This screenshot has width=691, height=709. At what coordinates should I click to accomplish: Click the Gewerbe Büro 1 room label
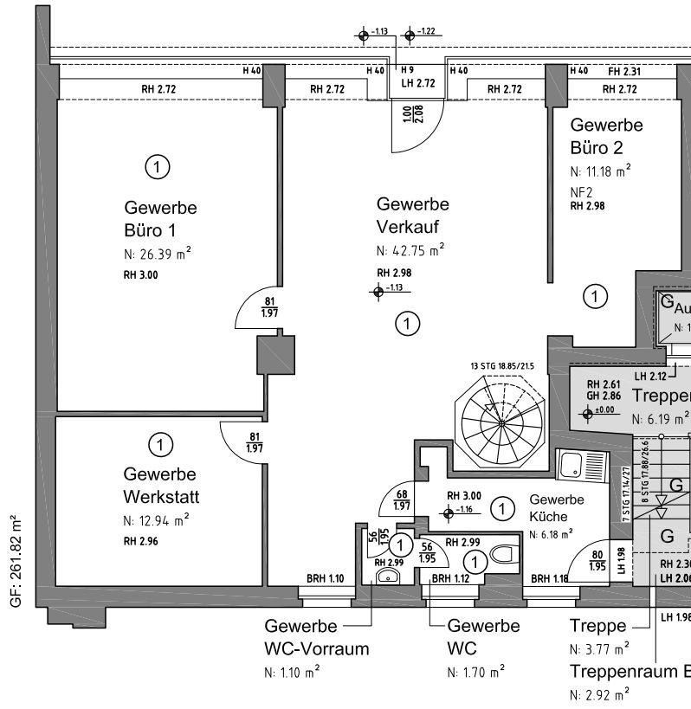click(x=160, y=219)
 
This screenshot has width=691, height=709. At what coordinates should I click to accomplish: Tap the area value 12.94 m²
click(x=156, y=520)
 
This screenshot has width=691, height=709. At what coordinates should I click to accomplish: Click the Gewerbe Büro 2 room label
click(x=606, y=136)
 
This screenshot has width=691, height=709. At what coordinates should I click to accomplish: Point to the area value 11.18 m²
click(x=600, y=171)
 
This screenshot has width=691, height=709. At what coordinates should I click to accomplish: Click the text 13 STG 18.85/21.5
click(x=501, y=366)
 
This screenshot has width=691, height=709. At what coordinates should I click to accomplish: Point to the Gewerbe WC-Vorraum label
click(x=316, y=637)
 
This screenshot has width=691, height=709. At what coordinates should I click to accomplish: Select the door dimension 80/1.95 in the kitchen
click(x=597, y=562)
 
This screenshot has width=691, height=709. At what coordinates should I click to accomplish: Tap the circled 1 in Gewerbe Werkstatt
click(x=160, y=445)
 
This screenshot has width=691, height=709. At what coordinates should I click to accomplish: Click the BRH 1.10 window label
click(x=326, y=578)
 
